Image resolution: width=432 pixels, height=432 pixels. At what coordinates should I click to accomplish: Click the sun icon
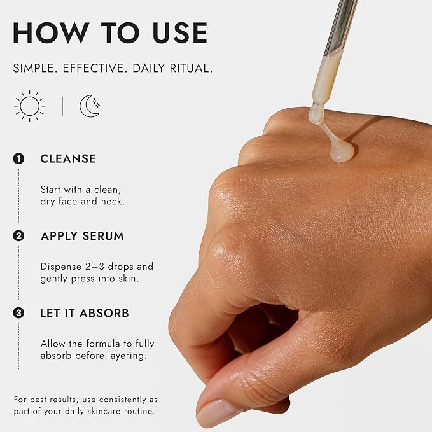point(30,106)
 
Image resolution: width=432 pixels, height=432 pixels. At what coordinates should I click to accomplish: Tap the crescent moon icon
point(88,106)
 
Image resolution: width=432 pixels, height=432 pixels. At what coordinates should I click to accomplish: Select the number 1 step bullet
point(18,158)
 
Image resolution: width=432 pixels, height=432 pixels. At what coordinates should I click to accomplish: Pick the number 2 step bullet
point(18,236)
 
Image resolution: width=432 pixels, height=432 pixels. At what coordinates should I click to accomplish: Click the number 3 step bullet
point(18,313)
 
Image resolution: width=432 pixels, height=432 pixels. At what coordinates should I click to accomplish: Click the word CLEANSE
point(68,159)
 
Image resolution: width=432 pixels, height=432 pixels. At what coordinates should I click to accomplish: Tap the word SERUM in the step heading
point(103,236)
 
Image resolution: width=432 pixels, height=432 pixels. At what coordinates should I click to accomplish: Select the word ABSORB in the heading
point(104,313)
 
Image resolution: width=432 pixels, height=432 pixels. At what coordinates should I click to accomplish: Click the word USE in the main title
point(180,33)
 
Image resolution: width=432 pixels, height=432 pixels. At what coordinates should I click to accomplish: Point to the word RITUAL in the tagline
point(192,68)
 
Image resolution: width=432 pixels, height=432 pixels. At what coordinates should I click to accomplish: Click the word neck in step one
point(113,202)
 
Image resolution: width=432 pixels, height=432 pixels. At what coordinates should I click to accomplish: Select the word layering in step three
point(127,356)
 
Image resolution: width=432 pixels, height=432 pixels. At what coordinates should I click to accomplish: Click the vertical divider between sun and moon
point(63,107)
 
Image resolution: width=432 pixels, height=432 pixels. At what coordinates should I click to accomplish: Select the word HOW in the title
point(52,33)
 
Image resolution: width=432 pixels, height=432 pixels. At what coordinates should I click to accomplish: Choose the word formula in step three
point(103,344)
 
